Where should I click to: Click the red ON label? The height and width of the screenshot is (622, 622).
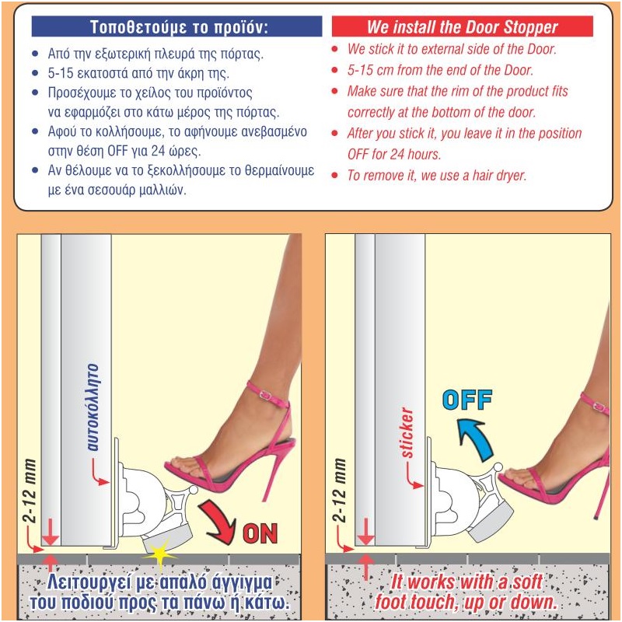[260, 533]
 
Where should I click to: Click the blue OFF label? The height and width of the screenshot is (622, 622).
[467, 400]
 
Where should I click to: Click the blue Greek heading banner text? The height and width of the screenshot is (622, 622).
[179, 27]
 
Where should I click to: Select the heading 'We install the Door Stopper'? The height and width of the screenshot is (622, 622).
[462, 27]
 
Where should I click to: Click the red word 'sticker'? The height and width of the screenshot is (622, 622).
[407, 432]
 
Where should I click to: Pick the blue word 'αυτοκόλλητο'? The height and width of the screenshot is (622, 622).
[93, 407]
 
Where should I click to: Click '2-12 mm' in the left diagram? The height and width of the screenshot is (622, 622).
[30, 491]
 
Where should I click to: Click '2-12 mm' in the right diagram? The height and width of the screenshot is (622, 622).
[339, 491]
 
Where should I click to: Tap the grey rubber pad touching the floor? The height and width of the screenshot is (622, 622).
[167, 540]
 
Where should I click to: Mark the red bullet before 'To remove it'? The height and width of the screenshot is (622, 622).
[335, 175]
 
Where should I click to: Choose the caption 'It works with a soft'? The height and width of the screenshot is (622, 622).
[466, 582]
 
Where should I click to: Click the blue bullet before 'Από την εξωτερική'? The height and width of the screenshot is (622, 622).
[36, 53]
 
